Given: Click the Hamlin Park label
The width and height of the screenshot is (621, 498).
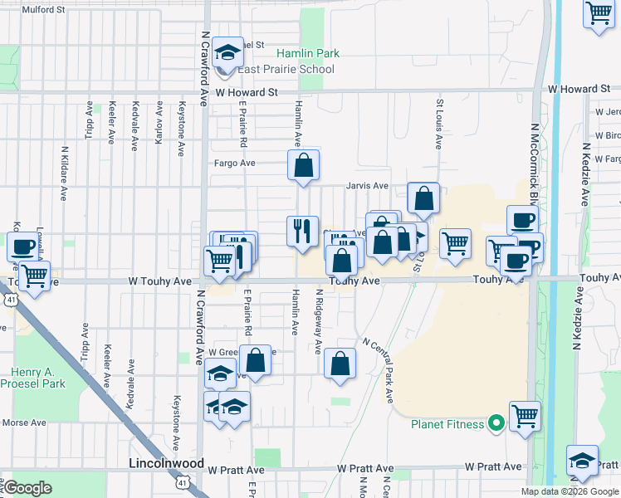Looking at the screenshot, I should point(308,53).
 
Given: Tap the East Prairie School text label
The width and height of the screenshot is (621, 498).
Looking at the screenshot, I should point(287,69).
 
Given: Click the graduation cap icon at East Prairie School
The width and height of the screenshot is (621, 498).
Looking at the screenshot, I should point(226,54).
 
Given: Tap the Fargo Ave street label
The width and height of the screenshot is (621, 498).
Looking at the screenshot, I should point(234,164).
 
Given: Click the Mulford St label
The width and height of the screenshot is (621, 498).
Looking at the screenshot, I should point(44,10).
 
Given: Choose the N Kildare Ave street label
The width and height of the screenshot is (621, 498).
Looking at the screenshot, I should point(64,174).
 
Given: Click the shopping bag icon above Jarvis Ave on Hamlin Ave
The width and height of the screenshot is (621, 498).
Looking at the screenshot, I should point(303,164).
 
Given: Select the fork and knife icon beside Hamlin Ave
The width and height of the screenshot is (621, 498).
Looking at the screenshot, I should point(302,230).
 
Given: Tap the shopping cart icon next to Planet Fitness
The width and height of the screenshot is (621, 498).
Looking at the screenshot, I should point(525,417).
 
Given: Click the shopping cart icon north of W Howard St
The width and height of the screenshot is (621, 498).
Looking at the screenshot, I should point(599,13).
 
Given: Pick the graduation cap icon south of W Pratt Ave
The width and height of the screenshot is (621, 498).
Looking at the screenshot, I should point(582,461).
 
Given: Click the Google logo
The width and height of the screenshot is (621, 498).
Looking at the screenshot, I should point(28,488).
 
